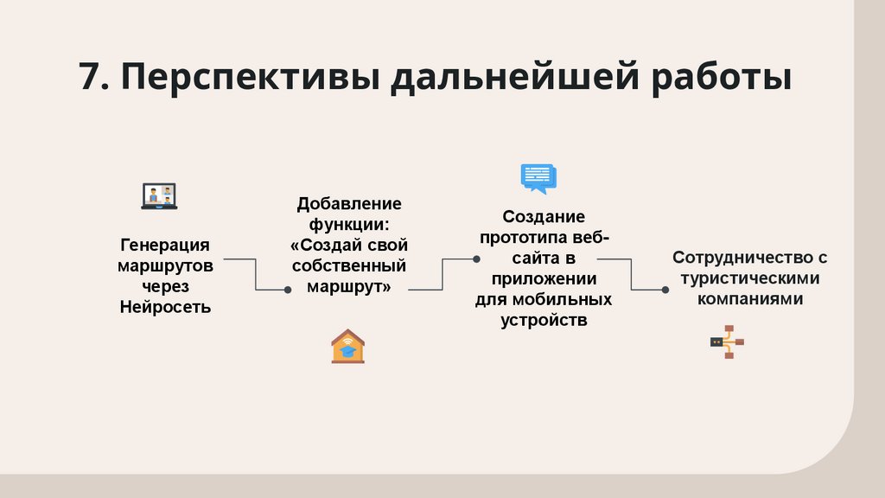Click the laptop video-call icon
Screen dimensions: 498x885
[159, 196]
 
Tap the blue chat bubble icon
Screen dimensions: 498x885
[538, 178]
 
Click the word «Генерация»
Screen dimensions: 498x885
[164, 245]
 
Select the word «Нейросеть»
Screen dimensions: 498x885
[164, 307]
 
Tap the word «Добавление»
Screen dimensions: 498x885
[349, 204]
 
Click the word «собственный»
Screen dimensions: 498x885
[349, 266]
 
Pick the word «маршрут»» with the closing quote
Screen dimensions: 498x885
[349, 286]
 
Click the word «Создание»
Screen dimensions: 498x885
[544, 216]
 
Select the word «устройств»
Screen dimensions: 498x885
[544, 320]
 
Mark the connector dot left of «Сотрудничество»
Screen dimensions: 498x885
[665, 290]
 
